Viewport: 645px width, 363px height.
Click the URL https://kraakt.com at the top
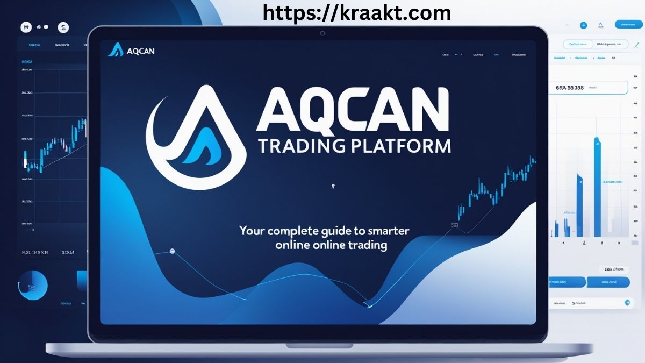click(x=357, y=12)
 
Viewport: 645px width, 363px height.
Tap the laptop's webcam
click(x=322, y=33)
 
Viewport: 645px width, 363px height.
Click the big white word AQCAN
click(x=352, y=110)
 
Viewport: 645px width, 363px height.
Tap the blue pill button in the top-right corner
click(x=627, y=24)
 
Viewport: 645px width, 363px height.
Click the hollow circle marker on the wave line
click(x=172, y=251)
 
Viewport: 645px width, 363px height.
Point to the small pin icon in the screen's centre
click(x=334, y=187)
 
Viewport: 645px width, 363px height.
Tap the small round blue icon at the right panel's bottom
click(x=627, y=303)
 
